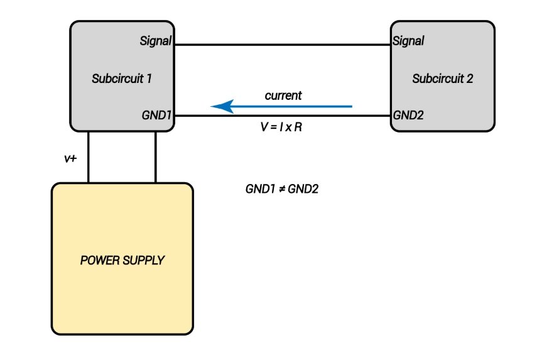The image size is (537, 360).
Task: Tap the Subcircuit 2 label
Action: tap(442, 79)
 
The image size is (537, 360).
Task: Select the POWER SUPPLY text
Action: tap(122, 259)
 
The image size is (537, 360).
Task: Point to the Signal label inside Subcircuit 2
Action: tap(408, 41)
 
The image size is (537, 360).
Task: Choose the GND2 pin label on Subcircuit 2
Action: tap(409, 116)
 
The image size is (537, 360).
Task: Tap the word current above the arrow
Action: tap(283, 96)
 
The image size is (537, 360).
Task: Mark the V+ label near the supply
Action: tap(70, 158)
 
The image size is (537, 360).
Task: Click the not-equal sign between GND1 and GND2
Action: tap(281, 188)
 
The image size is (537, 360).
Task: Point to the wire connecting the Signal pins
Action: tap(282, 45)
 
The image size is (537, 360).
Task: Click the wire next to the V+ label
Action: tap(88, 157)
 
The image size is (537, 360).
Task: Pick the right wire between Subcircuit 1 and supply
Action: tap(156, 157)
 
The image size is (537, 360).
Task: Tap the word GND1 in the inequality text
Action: tap(261, 188)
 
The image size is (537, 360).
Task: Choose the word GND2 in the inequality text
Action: tap(303, 188)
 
